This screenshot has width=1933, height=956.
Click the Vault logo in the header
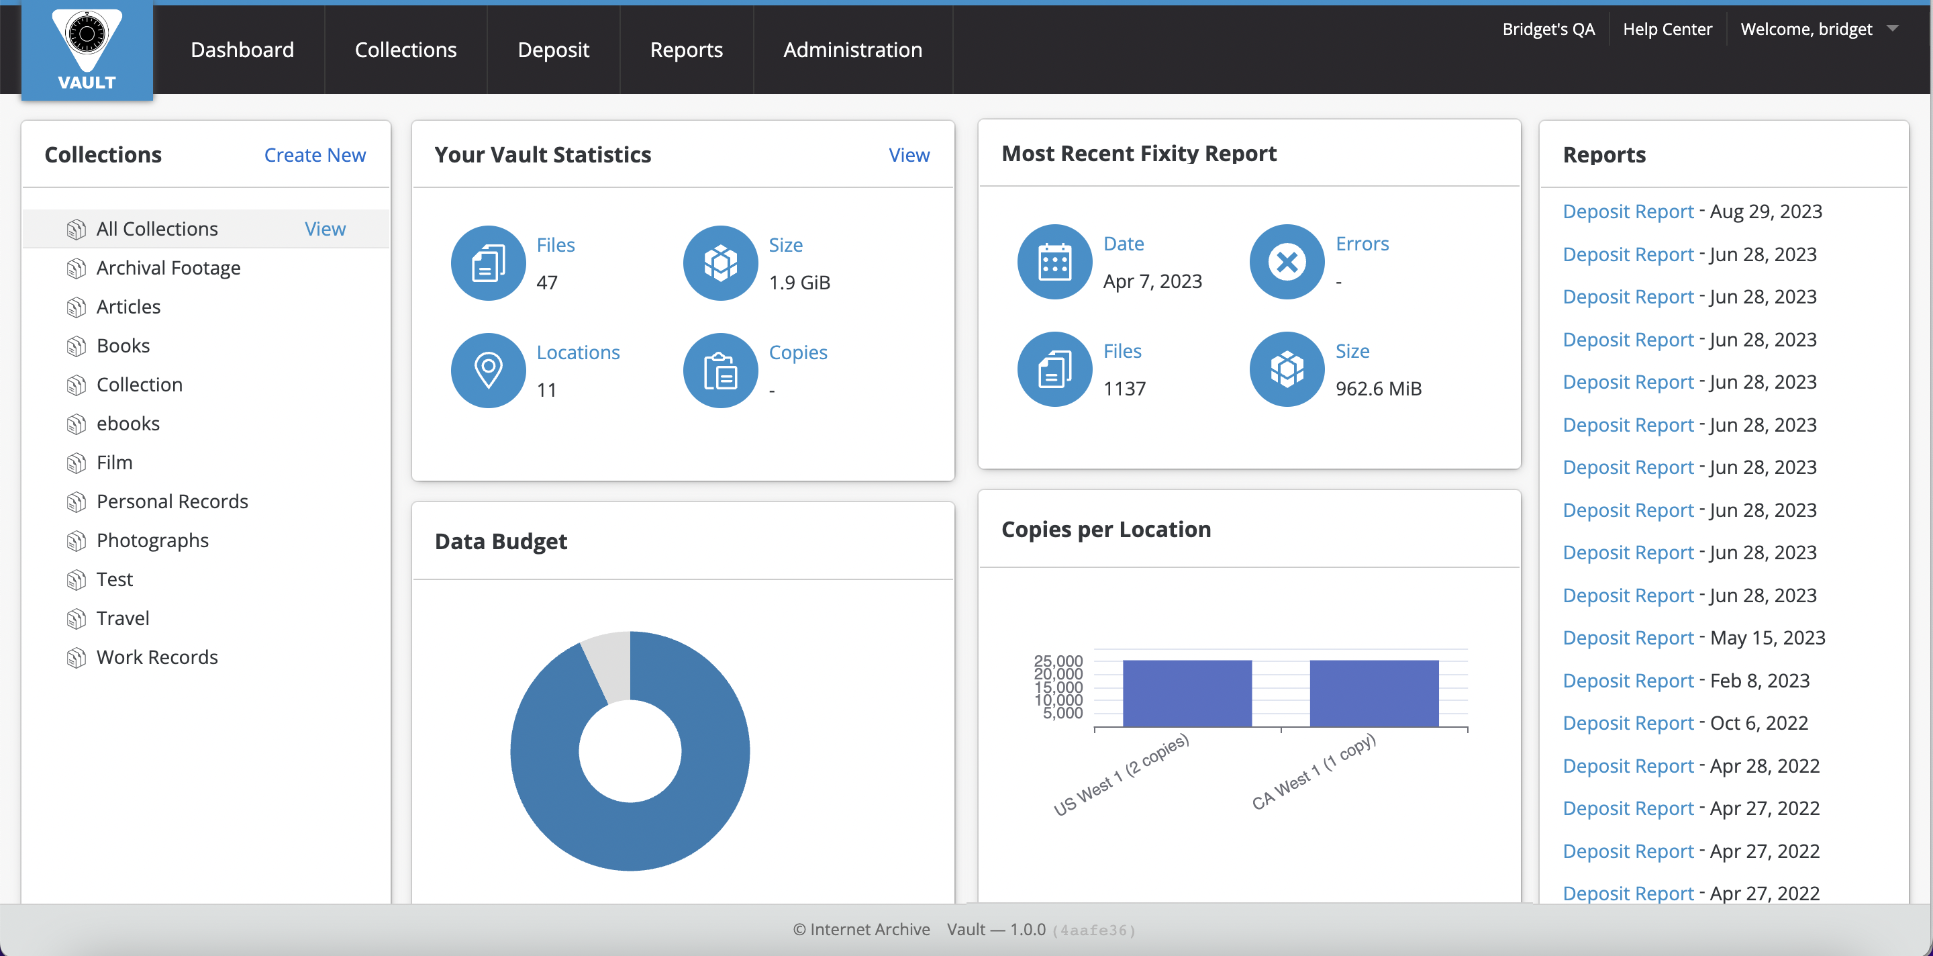click(87, 50)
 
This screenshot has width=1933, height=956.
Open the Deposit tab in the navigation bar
click(553, 50)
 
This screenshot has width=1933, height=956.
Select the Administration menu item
click(852, 50)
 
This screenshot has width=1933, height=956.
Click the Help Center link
click(1667, 30)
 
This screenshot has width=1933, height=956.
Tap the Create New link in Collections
click(314, 154)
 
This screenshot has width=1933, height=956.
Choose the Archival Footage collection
click(168, 268)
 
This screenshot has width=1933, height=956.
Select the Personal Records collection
click(172, 501)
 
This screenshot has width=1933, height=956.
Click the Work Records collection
click(157, 657)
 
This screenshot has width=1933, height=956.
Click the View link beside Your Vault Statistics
click(909, 154)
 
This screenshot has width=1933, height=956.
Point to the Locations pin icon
click(489, 370)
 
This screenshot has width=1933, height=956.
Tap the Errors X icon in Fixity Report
click(1286, 262)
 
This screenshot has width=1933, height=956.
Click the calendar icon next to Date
click(1054, 262)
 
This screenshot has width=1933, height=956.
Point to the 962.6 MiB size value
click(1378, 389)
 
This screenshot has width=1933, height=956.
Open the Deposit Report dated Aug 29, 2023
click(1628, 211)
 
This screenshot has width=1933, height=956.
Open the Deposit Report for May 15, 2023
click(1628, 638)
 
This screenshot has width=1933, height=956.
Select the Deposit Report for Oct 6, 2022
click(1628, 724)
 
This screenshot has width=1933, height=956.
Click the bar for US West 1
click(1187, 693)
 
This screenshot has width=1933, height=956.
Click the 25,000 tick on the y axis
click(1058, 661)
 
